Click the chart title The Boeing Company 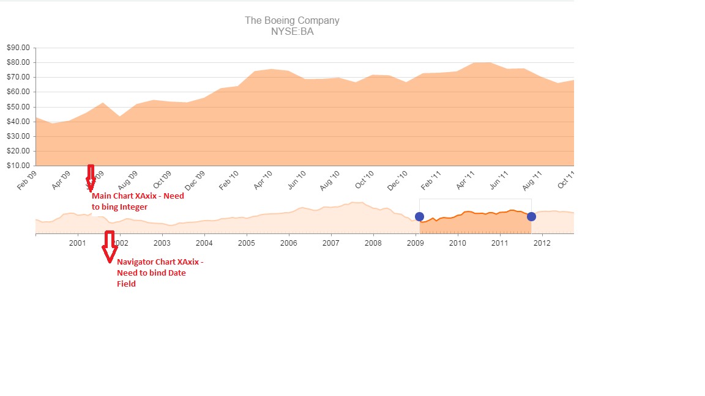pos(292,20)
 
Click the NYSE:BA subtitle pos(292,32)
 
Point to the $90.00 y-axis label pos(18,48)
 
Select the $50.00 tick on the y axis pos(18,107)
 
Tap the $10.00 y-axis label pos(18,166)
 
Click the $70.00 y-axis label pos(18,77)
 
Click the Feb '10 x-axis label pos(229,180)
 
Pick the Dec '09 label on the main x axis pos(195,180)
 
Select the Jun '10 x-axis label pos(297,180)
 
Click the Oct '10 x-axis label pos(364,180)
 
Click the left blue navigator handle pos(419,216)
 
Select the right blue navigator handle pos(531,216)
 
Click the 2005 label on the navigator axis pos(246,243)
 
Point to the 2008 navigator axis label pos(373,243)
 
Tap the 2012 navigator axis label pos(542,243)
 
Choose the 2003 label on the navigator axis pos(162,243)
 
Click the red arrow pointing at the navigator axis pos(110,246)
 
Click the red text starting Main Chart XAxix pos(138,202)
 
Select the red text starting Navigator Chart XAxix pos(160,273)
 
